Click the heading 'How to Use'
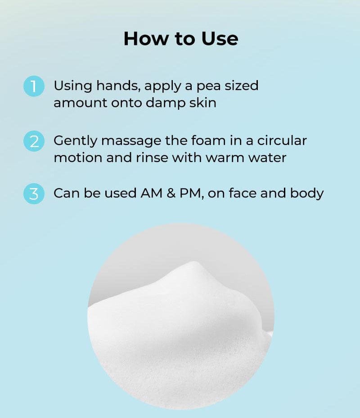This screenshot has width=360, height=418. (180, 39)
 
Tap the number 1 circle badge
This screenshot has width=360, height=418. (34, 86)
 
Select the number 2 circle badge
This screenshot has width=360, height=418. (34, 141)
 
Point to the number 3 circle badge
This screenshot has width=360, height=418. (34, 194)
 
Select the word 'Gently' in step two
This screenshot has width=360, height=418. (76, 141)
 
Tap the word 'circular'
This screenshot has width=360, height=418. (282, 140)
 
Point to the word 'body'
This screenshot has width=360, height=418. (307, 194)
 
